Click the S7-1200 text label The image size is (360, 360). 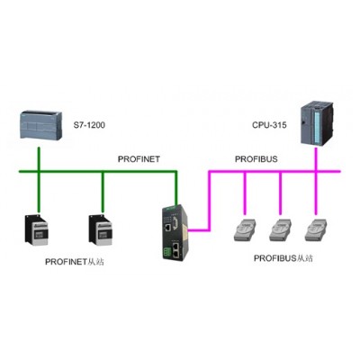tap(89, 125)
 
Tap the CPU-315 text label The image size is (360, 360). tap(269, 125)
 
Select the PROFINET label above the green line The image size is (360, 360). tap(139, 159)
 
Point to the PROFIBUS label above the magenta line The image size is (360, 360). tap(256, 159)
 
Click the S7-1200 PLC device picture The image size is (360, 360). tap(41, 125)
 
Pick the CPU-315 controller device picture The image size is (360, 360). tap(318, 123)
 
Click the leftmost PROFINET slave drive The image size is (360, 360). tap(37, 230)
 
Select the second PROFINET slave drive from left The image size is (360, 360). tap(100, 230)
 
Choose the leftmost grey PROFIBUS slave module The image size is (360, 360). tap(245, 229)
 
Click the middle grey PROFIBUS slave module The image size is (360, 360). tap(281, 229)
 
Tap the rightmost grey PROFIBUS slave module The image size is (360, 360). tap(316, 229)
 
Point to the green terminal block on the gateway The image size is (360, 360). tap(166, 253)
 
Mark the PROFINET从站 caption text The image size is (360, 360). tap(75, 262)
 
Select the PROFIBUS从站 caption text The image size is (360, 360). tap(283, 258)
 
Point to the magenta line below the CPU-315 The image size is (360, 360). tap(316, 181)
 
